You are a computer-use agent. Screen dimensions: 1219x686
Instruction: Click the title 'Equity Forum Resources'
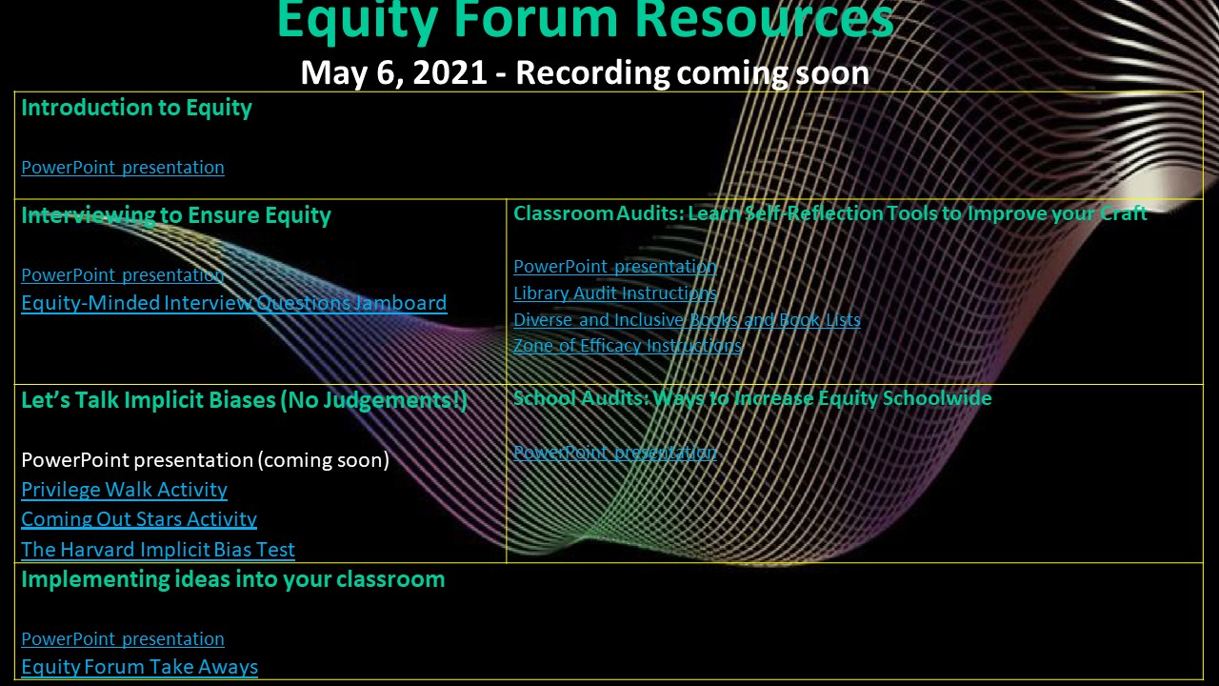tap(586, 20)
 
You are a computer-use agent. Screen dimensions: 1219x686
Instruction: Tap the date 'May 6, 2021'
tap(393, 73)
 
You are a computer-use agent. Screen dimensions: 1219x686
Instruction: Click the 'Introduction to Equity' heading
tap(136, 108)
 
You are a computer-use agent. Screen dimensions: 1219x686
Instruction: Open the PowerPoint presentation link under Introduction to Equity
tap(123, 167)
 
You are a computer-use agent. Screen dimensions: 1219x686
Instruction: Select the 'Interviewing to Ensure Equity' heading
tap(176, 215)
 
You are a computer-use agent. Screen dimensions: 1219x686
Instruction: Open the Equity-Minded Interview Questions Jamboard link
tap(234, 303)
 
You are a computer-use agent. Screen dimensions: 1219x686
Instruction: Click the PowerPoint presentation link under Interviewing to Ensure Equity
tap(123, 275)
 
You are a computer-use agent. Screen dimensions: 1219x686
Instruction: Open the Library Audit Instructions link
tap(615, 293)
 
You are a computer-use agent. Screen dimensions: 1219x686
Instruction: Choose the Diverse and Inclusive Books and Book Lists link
tap(688, 319)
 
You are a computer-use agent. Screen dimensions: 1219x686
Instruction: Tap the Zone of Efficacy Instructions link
tap(628, 346)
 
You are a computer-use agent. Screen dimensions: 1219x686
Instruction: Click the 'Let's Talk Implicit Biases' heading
tap(245, 401)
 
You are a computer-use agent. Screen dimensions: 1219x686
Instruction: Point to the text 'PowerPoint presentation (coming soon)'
tap(205, 460)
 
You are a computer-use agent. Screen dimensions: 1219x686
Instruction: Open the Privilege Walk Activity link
tap(124, 490)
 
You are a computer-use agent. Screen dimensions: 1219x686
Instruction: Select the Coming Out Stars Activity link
tap(139, 519)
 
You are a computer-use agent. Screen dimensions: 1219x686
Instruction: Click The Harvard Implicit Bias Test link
tap(158, 550)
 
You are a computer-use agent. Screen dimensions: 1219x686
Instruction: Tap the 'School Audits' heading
tap(752, 398)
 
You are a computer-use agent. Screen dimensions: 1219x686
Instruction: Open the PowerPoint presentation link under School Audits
tap(615, 452)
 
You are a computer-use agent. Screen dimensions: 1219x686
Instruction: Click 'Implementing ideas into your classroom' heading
tap(233, 579)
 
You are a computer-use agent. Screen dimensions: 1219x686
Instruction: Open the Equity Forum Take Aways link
tap(139, 667)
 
